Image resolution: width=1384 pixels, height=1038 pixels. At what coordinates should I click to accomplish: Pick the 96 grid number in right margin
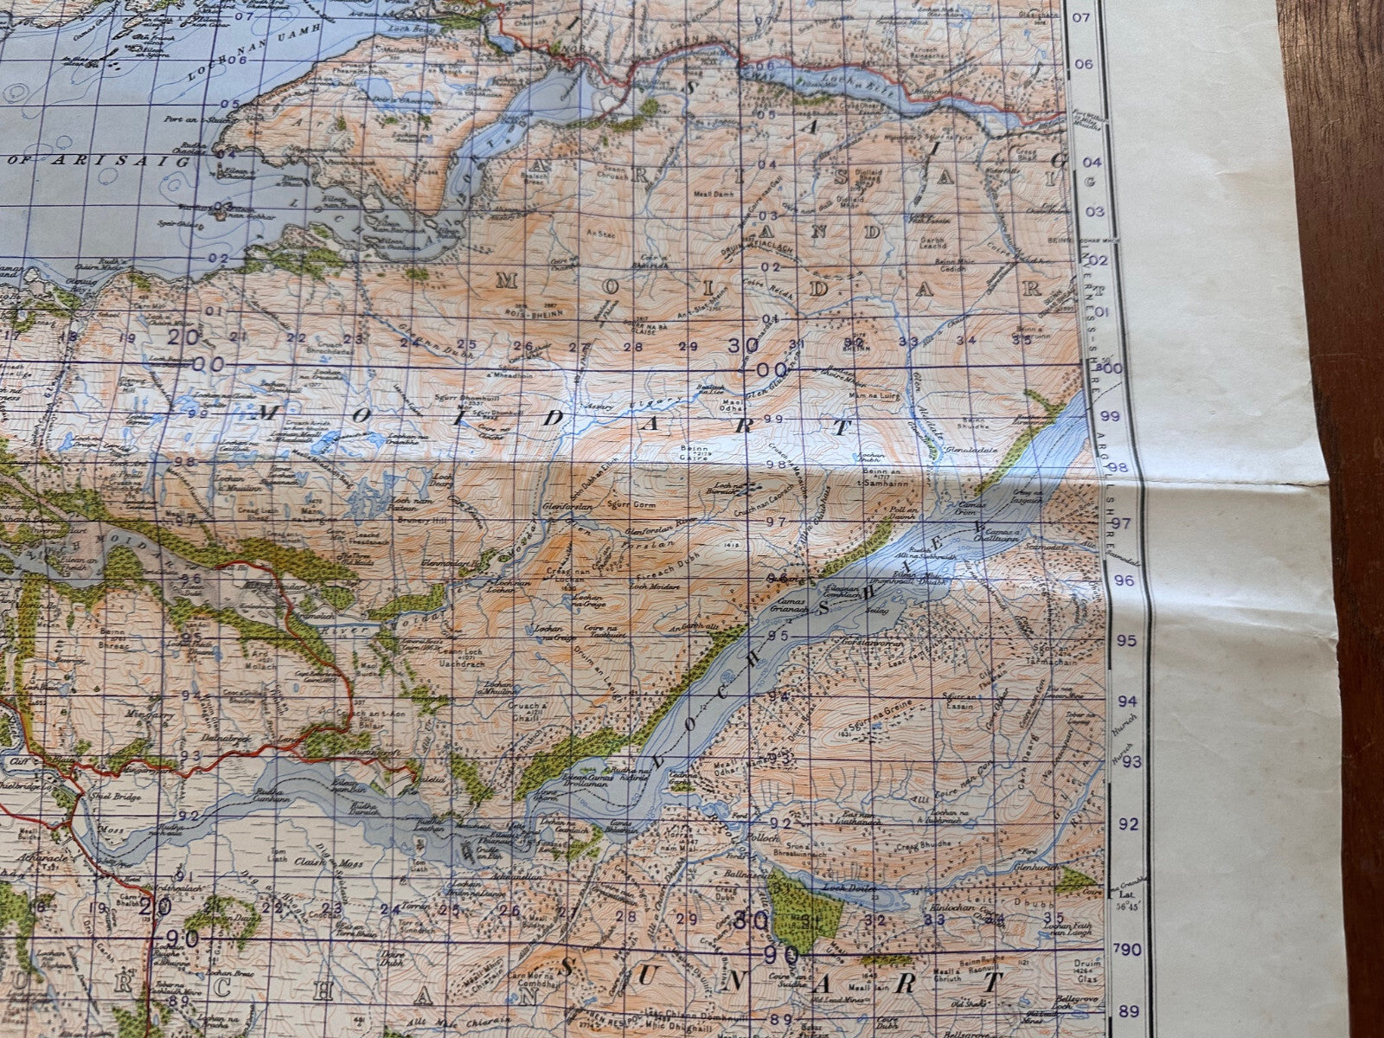pos(1123,580)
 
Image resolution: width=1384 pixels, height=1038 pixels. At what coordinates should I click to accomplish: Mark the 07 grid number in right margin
pos(1080,16)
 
